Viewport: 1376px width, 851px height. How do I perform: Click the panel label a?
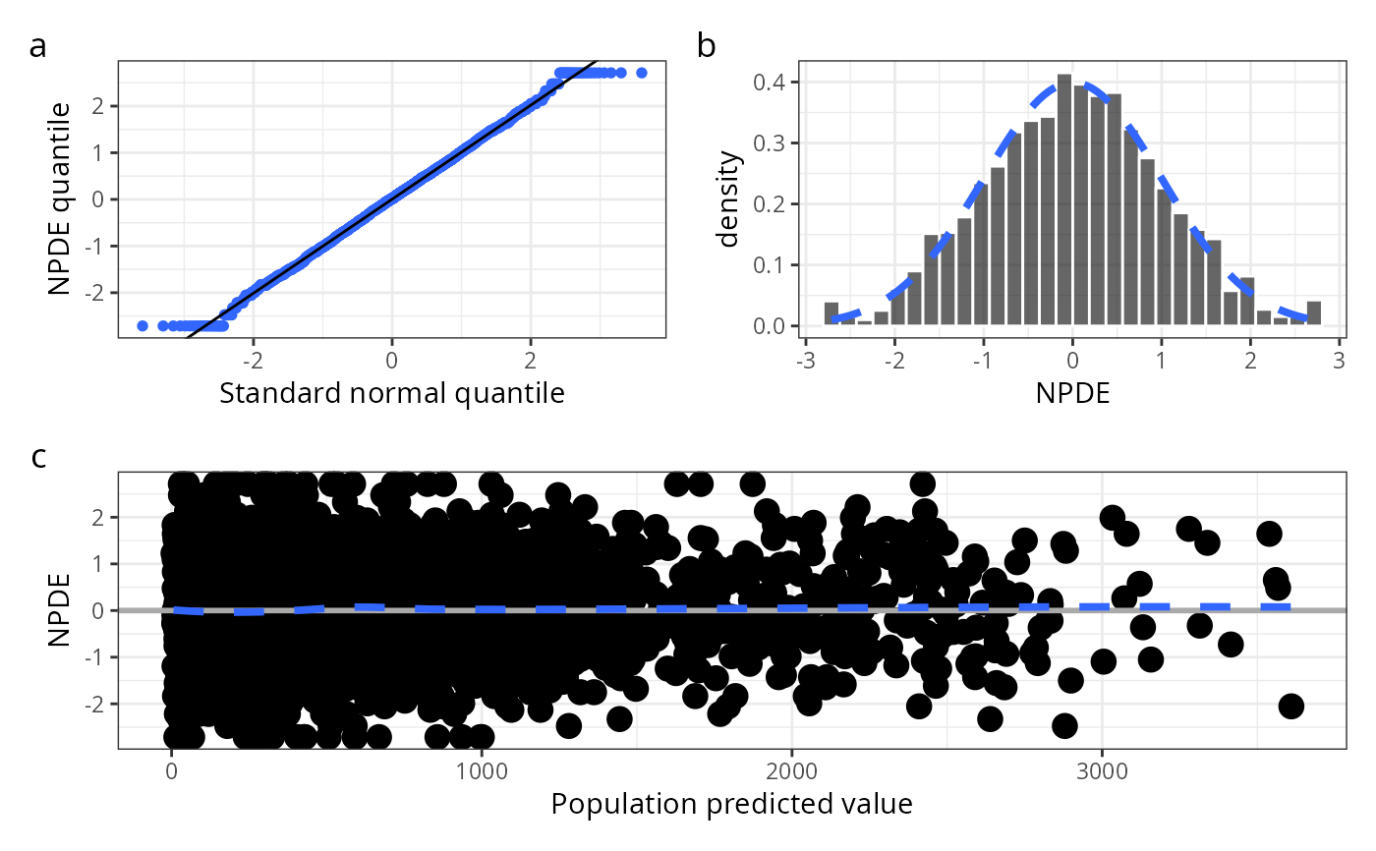(38, 45)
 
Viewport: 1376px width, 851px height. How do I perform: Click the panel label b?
(707, 45)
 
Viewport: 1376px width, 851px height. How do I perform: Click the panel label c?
(38, 457)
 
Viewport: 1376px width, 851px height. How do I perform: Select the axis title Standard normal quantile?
(391, 394)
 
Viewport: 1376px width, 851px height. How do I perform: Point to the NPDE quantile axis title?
(61, 199)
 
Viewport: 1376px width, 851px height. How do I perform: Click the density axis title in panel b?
(729, 199)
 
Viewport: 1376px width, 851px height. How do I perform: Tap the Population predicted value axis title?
(731, 805)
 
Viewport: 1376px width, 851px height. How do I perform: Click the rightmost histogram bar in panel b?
(1314, 313)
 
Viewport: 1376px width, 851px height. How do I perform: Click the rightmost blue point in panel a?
(642, 73)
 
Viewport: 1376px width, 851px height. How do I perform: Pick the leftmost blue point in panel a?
(143, 325)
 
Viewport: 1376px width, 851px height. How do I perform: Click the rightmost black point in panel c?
(1290, 706)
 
